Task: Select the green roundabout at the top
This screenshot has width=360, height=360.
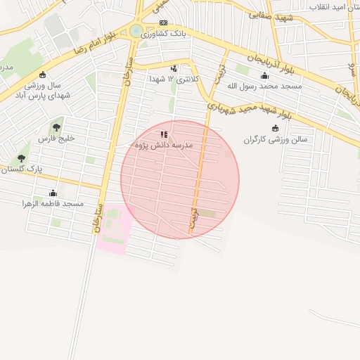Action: click(135, 31)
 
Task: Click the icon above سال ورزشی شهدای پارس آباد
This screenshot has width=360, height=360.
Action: click(43, 75)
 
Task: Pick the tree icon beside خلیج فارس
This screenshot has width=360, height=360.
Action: click(56, 127)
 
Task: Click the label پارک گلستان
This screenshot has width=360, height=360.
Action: click(22, 169)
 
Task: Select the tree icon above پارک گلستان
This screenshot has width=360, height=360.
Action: click(21, 158)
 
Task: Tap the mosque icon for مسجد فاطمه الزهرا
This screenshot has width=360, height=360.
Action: click(53, 193)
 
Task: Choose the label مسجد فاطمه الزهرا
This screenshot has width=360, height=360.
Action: click(53, 204)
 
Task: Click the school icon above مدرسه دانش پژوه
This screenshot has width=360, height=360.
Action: click(164, 134)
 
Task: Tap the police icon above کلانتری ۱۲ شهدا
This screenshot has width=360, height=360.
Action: click(174, 68)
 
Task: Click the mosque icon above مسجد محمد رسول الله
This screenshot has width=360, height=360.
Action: click(264, 76)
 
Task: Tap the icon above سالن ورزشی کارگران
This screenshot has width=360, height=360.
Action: click(275, 128)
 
